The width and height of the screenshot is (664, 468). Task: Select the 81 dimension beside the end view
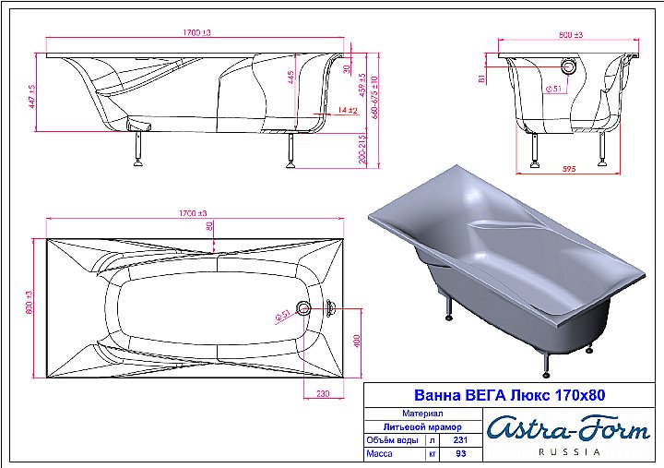point(481,79)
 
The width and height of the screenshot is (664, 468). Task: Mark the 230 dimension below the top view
point(322,393)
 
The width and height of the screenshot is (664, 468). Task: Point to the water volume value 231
point(461,440)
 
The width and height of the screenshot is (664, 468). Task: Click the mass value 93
point(461,454)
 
